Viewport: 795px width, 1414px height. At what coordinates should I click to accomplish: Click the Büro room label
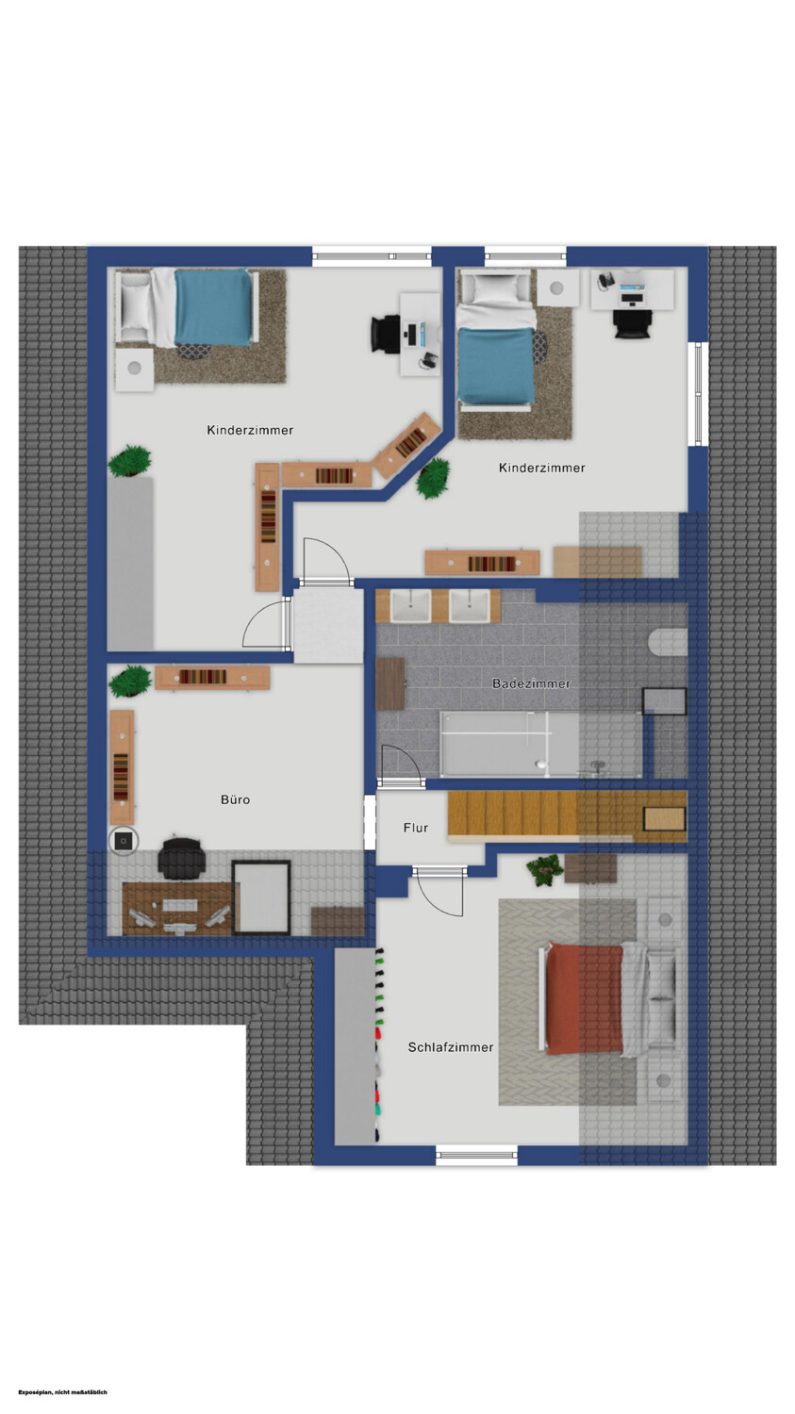235,799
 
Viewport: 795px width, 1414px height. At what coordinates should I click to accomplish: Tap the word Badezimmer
531,683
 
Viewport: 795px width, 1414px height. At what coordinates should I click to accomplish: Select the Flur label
416,828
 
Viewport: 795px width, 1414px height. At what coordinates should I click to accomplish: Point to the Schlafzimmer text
450,1047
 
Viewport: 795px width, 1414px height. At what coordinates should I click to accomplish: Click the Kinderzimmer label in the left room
250,430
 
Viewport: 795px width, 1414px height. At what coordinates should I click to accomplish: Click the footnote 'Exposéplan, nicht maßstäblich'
63,1392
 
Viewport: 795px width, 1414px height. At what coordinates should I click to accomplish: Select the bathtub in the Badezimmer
541,745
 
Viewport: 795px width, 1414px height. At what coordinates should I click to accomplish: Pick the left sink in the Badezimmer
410,607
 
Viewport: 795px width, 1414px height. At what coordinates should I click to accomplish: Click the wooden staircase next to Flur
567,815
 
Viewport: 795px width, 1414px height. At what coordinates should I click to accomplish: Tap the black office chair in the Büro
181,858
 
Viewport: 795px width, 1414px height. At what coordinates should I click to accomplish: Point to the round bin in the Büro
124,841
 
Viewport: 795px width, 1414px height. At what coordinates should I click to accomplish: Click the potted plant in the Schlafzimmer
544,870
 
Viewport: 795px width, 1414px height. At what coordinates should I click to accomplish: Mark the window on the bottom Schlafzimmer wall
477,1156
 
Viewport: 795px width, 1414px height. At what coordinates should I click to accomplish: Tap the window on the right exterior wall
698,394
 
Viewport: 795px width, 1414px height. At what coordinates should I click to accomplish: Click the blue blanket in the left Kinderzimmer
213,307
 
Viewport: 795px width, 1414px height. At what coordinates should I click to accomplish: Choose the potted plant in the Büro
130,682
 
